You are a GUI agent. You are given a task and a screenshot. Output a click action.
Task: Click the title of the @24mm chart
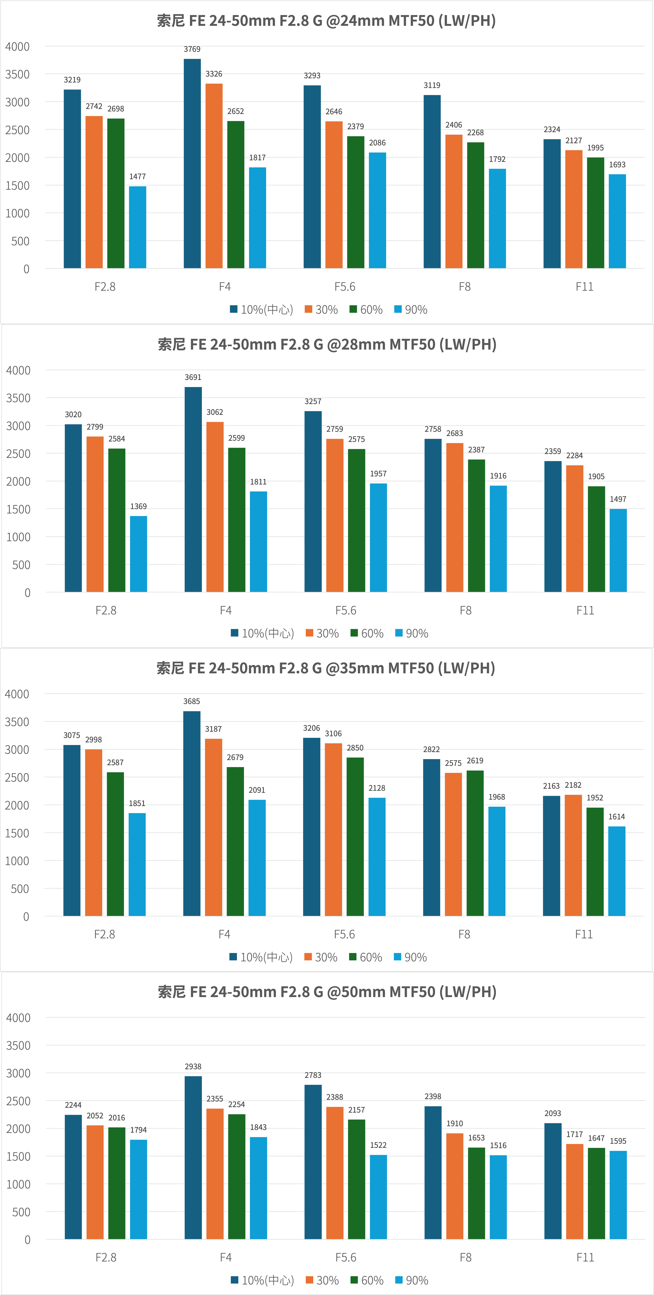click(x=326, y=21)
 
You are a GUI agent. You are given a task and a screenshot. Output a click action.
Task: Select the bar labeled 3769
click(x=192, y=163)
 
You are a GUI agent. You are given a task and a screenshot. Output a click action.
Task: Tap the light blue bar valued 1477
click(x=137, y=227)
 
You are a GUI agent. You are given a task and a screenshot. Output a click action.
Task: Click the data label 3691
click(x=193, y=377)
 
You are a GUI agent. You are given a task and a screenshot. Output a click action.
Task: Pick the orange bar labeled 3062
click(x=215, y=507)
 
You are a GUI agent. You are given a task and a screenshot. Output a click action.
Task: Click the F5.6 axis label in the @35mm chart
click(x=344, y=934)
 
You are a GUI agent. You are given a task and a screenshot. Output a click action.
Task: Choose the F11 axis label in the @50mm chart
click(x=585, y=1257)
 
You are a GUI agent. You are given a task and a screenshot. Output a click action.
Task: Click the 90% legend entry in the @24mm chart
click(x=411, y=310)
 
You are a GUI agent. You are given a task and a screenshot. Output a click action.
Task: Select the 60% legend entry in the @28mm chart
click(x=367, y=633)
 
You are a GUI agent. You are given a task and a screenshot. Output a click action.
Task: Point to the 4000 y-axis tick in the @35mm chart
click(x=17, y=694)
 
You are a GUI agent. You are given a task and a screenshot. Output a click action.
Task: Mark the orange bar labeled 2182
click(x=573, y=855)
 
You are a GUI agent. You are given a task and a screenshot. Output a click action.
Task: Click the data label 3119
click(x=432, y=85)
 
